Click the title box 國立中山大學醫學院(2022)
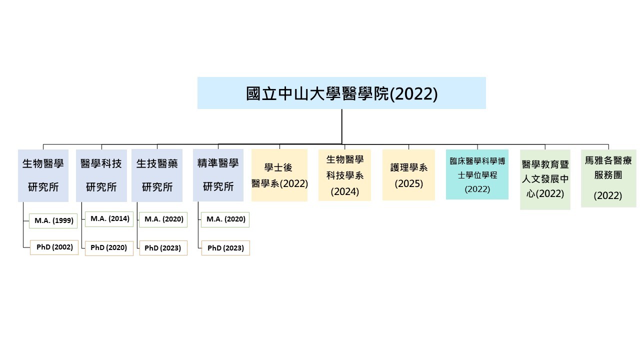coord(341,93)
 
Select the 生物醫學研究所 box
coord(43,175)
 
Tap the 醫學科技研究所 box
coord(101,175)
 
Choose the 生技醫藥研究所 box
coord(157,175)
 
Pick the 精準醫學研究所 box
coord(218,175)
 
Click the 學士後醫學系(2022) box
coord(279,175)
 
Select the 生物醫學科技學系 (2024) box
coord(344,175)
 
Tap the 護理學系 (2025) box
coord(408,175)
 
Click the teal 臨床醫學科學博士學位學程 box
coord(477,174)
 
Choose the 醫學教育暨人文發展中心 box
coord(545,179)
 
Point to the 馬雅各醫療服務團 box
coord(608,178)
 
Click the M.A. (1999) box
coord(54,220)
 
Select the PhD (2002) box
coord(54,247)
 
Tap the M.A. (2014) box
coord(109,218)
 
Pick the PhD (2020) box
coord(109,248)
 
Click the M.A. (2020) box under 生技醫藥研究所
coord(163,219)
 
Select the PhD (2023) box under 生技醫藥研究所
coord(163,248)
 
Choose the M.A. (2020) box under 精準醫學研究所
coord(225,219)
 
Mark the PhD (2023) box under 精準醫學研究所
coord(225,248)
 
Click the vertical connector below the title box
coord(342,126)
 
